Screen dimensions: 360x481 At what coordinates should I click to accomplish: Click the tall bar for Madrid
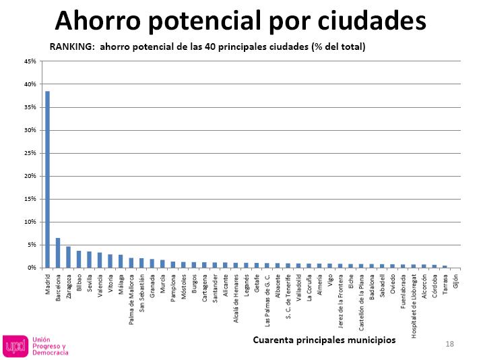pyautogui.click(x=47, y=179)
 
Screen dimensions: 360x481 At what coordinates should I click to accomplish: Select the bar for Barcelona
pyautogui.click(x=58, y=253)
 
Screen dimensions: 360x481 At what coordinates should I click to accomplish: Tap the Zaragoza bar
pyautogui.click(x=68, y=257)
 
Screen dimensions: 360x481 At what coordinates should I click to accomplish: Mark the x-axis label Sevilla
pyautogui.click(x=90, y=282)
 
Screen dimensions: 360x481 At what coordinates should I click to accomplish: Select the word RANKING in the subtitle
pyautogui.click(x=70, y=47)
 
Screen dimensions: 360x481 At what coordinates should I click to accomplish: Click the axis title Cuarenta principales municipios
pyautogui.click(x=324, y=340)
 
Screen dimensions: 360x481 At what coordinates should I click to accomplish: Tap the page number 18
pyautogui.click(x=449, y=344)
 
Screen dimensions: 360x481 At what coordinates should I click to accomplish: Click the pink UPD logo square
pyautogui.click(x=15, y=346)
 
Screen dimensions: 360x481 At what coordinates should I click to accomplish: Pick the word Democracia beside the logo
pyautogui.click(x=51, y=353)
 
